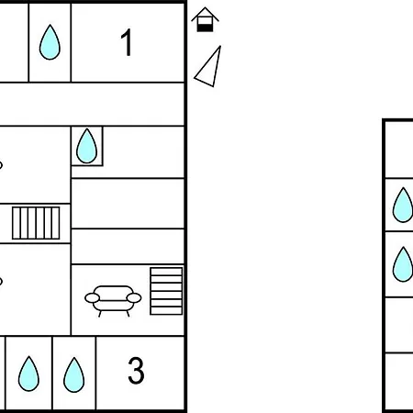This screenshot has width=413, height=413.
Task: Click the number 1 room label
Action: coord(127,42)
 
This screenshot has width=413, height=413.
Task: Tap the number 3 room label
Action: coord(136,371)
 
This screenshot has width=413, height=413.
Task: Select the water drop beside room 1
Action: coord(50,42)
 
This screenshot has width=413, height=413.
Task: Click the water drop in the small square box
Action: coord(86,146)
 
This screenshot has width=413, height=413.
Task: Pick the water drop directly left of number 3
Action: coord(73,374)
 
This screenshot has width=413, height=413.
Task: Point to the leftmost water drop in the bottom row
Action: coord(28,374)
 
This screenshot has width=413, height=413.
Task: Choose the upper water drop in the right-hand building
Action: coord(403,205)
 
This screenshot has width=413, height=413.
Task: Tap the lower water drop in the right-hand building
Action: coord(403,264)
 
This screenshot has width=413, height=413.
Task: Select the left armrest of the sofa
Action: coord(92,298)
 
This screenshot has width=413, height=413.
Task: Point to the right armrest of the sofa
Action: coord(134,298)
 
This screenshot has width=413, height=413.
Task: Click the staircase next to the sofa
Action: coord(166,291)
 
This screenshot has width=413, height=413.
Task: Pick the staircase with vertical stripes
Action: coord(36,223)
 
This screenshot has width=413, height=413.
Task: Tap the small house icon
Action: coord(205,19)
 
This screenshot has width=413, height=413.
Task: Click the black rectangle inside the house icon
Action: coord(205,28)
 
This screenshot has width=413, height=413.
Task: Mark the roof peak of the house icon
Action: coord(205,7)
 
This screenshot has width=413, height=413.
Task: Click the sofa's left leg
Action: coord(100,314)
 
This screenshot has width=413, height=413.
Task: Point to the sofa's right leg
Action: coord(128,314)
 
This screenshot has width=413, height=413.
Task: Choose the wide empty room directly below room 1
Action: coord(92,104)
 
